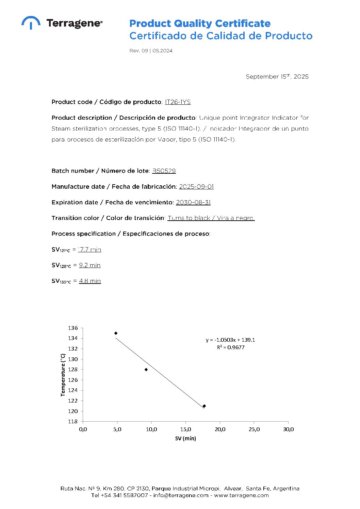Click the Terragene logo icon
(x=31, y=22)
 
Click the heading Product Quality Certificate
(x=200, y=23)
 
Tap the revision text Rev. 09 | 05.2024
(x=151, y=51)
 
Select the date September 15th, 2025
(x=277, y=77)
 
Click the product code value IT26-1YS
(x=178, y=102)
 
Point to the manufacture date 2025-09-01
(x=196, y=187)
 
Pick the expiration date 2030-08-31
(x=193, y=202)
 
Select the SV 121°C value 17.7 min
(x=89, y=250)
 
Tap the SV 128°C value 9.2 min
(x=89, y=265)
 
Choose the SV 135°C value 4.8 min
(x=90, y=281)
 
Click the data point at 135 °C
(x=116, y=333)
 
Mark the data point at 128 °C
(x=146, y=370)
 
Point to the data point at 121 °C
(x=204, y=406)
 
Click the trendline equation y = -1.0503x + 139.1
(x=230, y=340)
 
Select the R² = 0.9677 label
(x=230, y=347)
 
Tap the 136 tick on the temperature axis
(x=73, y=328)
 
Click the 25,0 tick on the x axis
(x=254, y=429)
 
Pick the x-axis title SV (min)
(x=185, y=439)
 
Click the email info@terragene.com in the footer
(x=181, y=495)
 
